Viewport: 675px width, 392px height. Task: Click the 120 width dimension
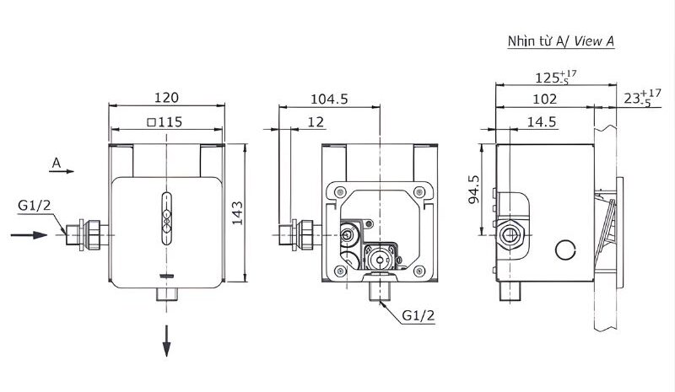point(167,97)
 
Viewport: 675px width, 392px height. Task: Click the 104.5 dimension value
point(329,99)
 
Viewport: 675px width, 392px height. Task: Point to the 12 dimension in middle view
point(316,121)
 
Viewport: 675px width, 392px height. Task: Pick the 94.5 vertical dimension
point(474,190)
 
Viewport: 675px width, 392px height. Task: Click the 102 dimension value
point(545,99)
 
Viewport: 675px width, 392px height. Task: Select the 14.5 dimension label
point(540,121)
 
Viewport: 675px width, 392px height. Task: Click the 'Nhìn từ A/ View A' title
point(560,40)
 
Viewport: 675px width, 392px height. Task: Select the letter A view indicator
point(56,160)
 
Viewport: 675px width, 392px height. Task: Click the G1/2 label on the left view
point(35,205)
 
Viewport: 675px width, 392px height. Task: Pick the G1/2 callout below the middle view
point(418,316)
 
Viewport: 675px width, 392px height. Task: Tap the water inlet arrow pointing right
point(29,234)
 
